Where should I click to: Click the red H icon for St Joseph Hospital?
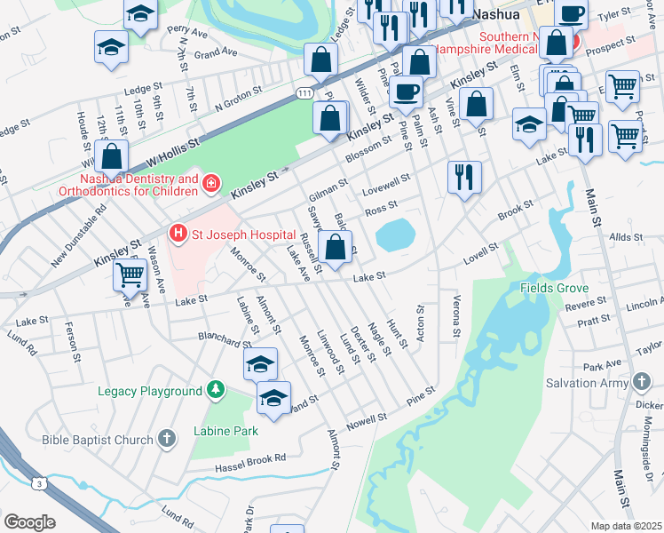(178, 234)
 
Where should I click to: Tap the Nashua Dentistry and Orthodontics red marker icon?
(211, 185)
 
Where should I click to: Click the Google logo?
(28, 521)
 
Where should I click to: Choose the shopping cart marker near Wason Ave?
(130, 275)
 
